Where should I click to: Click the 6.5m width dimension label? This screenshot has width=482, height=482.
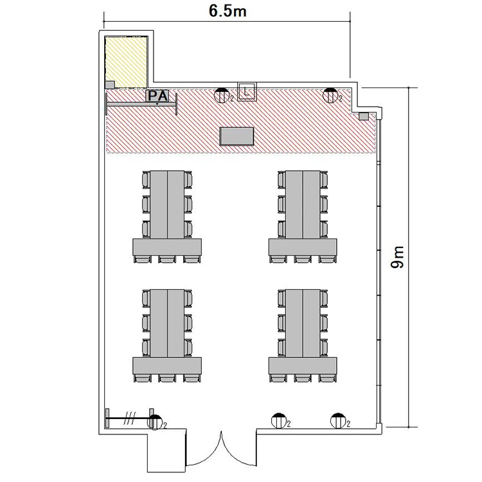[228, 11]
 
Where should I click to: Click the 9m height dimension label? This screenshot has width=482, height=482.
[397, 257]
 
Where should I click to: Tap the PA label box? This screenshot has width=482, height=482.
[157, 96]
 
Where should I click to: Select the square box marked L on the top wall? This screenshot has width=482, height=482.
[247, 91]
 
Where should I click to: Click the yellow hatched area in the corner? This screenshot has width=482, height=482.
[126, 62]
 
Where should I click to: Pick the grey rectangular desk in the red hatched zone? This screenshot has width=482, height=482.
[237, 136]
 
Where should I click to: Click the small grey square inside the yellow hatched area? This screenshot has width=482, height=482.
[110, 85]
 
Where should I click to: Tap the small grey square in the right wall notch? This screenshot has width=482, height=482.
[364, 116]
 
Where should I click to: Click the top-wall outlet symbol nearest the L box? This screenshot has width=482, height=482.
[222, 95]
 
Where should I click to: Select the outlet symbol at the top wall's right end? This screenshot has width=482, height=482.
[330, 95]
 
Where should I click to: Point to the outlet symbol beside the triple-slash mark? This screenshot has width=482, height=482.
[155, 422]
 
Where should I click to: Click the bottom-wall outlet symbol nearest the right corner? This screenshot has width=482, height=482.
[338, 421]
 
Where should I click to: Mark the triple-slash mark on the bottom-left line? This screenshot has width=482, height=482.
[129, 418]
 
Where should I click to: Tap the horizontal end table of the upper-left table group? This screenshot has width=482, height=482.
[167, 247]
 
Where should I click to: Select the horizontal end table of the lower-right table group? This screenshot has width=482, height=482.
[303, 366]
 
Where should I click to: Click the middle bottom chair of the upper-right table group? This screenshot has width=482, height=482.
[303, 259]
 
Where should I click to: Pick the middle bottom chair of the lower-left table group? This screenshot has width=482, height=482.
[167, 378]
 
